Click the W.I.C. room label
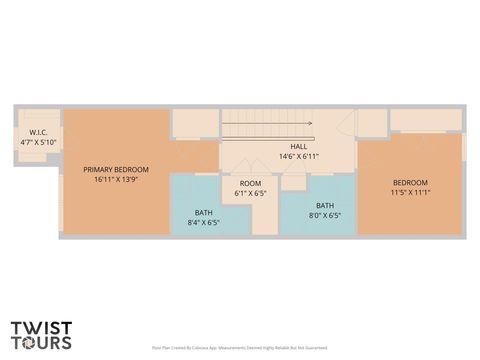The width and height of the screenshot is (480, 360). pyautogui.click(x=40, y=132)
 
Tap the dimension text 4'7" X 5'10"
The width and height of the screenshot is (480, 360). pyautogui.click(x=40, y=143)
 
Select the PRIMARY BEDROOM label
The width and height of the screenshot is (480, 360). pyautogui.click(x=116, y=170)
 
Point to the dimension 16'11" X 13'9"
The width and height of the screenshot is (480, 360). pyautogui.click(x=116, y=181)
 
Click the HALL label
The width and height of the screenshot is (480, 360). pyautogui.click(x=298, y=146)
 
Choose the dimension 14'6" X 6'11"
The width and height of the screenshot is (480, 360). pyautogui.click(x=298, y=157)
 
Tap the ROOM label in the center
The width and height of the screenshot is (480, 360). pyautogui.click(x=249, y=183)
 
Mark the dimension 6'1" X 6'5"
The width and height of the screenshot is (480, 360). pyautogui.click(x=249, y=194)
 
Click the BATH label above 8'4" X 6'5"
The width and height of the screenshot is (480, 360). pyautogui.click(x=203, y=212)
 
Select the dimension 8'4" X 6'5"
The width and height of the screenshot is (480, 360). pyautogui.click(x=203, y=223)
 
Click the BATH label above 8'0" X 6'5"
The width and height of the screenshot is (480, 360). pyautogui.click(x=325, y=205)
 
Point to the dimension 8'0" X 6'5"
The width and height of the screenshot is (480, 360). pyautogui.click(x=325, y=216)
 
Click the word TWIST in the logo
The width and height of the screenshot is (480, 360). pyautogui.click(x=41, y=327)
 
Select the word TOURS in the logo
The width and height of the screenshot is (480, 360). pyautogui.click(x=41, y=342)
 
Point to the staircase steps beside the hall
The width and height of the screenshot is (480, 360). pyautogui.click(x=265, y=125)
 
